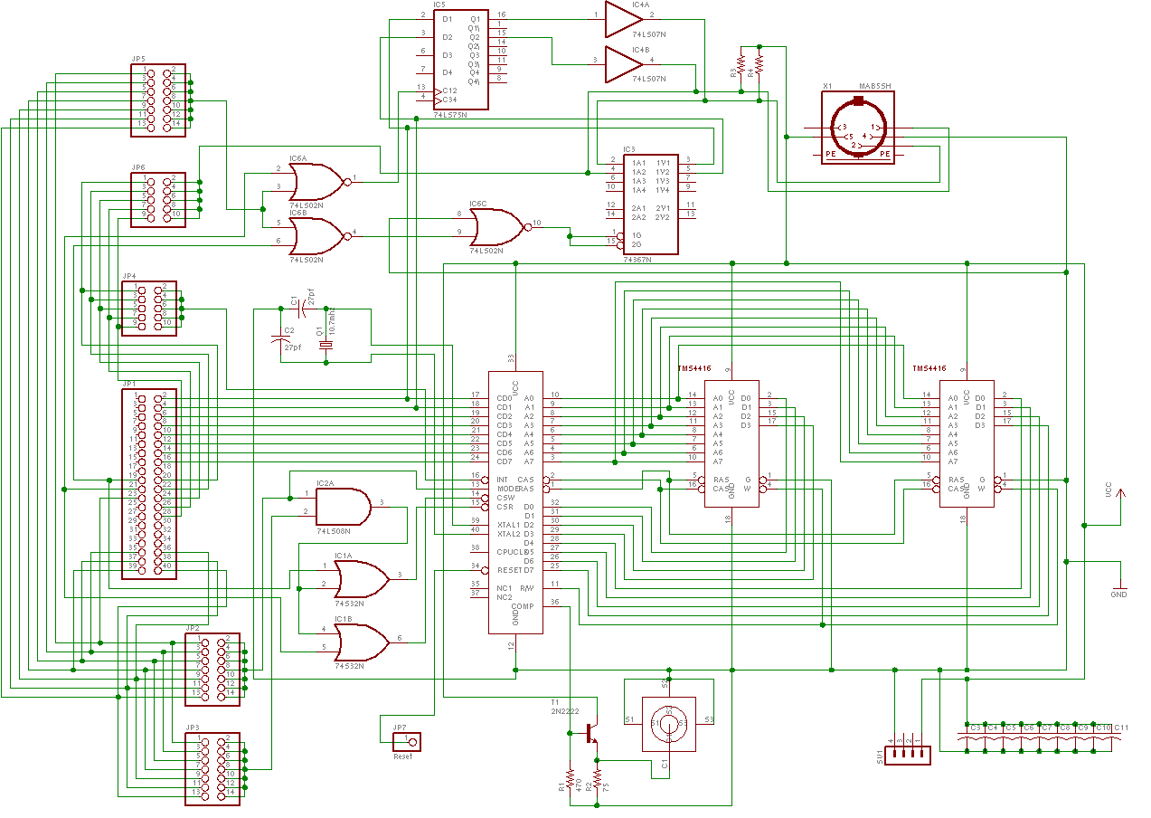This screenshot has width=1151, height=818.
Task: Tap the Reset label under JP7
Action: pyautogui.click(x=402, y=756)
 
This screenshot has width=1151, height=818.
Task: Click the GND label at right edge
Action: pyautogui.click(x=1118, y=594)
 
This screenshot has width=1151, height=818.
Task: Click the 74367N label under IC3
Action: pyautogui.click(x=637, y=259)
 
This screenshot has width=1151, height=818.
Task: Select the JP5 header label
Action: pyautogui.click(x=138, y=59)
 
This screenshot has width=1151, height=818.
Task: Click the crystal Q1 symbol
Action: pyautogui.click(x=325, y=345)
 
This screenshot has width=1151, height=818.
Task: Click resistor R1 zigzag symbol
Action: pyautogui.click(x=570, y=778)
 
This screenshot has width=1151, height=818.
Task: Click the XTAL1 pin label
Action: pyautogui.click(x=509, y=525)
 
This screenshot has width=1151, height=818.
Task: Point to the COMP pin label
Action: pyautogui.click(x=523, y=606)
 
